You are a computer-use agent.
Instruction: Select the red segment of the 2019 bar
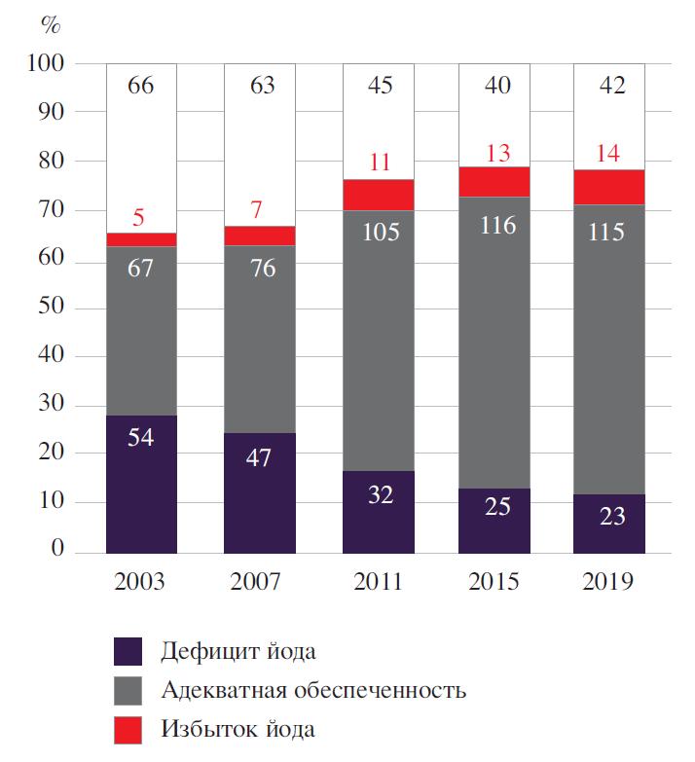click(x=608, y=187)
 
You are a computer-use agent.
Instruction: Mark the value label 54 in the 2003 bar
click(x=141, y=437)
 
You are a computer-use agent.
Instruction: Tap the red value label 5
click(x=138, y=217)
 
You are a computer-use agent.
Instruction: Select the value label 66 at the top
click(x=141, y=87)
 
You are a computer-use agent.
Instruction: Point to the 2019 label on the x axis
click(x=608, y=582)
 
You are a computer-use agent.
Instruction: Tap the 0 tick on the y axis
click(x=58, y=552)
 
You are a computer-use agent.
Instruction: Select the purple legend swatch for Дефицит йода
click(x=128, y=651)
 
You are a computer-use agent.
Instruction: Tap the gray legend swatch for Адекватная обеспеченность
click(x=128, y=690)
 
